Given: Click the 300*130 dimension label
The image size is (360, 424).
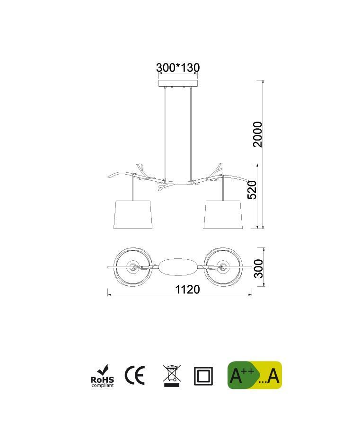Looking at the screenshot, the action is coord(178,68).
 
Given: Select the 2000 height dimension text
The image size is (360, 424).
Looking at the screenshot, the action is coord(257,134).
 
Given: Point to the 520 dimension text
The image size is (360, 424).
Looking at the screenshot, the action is coord(252,190).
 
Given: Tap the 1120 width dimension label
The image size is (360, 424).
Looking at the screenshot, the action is coord(188,289).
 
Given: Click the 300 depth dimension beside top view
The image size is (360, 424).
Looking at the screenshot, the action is coord(259,268).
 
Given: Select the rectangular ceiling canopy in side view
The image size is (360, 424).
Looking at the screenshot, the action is coord(178,83).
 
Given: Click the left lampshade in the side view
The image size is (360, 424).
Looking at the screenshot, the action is coord(133,215).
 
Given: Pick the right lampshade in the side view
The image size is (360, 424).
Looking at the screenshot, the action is coord(223,215).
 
